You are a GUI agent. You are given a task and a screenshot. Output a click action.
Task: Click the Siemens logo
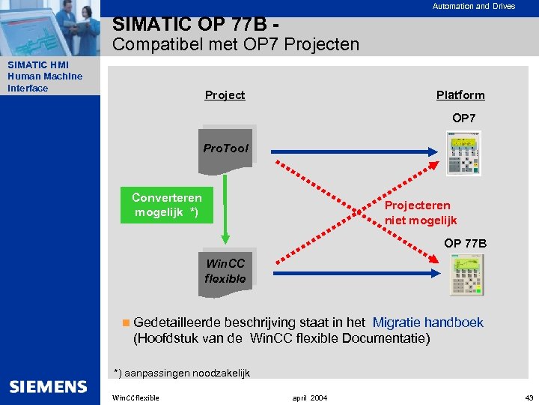tap(48, 387)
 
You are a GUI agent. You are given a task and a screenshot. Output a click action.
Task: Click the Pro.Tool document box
tap(225, 148)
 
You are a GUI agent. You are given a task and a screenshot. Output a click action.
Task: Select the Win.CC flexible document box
tap(225, 271)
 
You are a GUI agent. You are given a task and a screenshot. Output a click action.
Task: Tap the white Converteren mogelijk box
tap(167, 205)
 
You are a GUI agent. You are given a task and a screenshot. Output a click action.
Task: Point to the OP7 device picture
tap(462, 153)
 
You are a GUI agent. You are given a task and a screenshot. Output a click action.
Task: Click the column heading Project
tap(225, 95)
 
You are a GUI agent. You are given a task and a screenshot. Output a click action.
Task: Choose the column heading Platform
tap(460, 95)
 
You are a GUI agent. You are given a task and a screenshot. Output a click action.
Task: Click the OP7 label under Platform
tap(463, 118)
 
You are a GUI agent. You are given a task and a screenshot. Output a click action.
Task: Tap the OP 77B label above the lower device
tap(465, 243)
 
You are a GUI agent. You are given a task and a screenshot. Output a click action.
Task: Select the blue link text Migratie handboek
tap(427, 322)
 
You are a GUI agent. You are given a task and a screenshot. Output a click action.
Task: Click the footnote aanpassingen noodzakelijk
tap(182, 373)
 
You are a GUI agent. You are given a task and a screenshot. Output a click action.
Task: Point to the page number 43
tap(529, 397)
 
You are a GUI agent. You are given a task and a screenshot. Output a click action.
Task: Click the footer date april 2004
tap(309, 397)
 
